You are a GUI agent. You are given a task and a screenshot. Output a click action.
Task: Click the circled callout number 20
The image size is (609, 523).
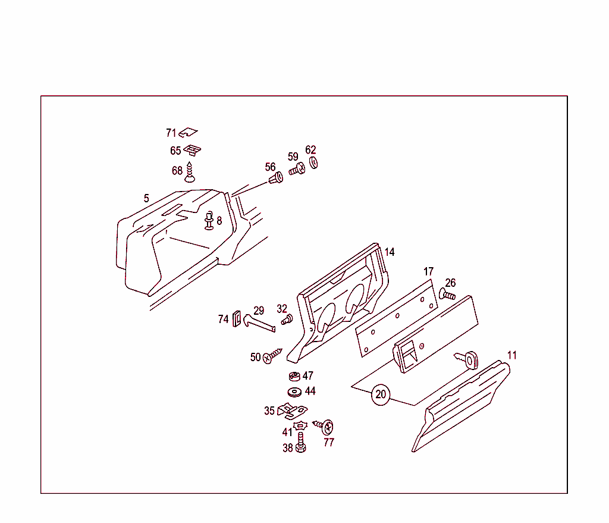381,394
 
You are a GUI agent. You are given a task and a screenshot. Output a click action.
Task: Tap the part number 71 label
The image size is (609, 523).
171,133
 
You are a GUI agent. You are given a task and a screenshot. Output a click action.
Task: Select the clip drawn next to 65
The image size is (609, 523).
192,150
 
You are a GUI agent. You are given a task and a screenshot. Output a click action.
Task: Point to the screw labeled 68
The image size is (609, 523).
190,172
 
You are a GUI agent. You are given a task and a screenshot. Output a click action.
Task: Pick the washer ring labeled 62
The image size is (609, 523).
314,162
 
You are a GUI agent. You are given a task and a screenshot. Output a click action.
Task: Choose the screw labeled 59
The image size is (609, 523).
297,171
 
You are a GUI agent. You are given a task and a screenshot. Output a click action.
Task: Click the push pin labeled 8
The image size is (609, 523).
209,220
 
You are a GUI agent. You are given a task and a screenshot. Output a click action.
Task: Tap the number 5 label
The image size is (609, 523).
146,198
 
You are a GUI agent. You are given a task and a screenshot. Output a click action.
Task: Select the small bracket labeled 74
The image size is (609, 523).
236,319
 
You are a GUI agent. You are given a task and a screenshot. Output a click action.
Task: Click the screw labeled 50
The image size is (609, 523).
272,356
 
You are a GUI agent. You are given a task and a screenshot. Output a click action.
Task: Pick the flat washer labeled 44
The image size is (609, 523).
294,392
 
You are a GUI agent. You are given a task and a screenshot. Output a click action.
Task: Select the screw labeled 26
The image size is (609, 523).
447,294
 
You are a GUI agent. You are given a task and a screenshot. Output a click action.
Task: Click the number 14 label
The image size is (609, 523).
390,252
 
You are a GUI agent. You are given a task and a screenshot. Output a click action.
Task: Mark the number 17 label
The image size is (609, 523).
429,272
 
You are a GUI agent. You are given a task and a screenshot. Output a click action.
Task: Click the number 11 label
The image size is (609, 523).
511,355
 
